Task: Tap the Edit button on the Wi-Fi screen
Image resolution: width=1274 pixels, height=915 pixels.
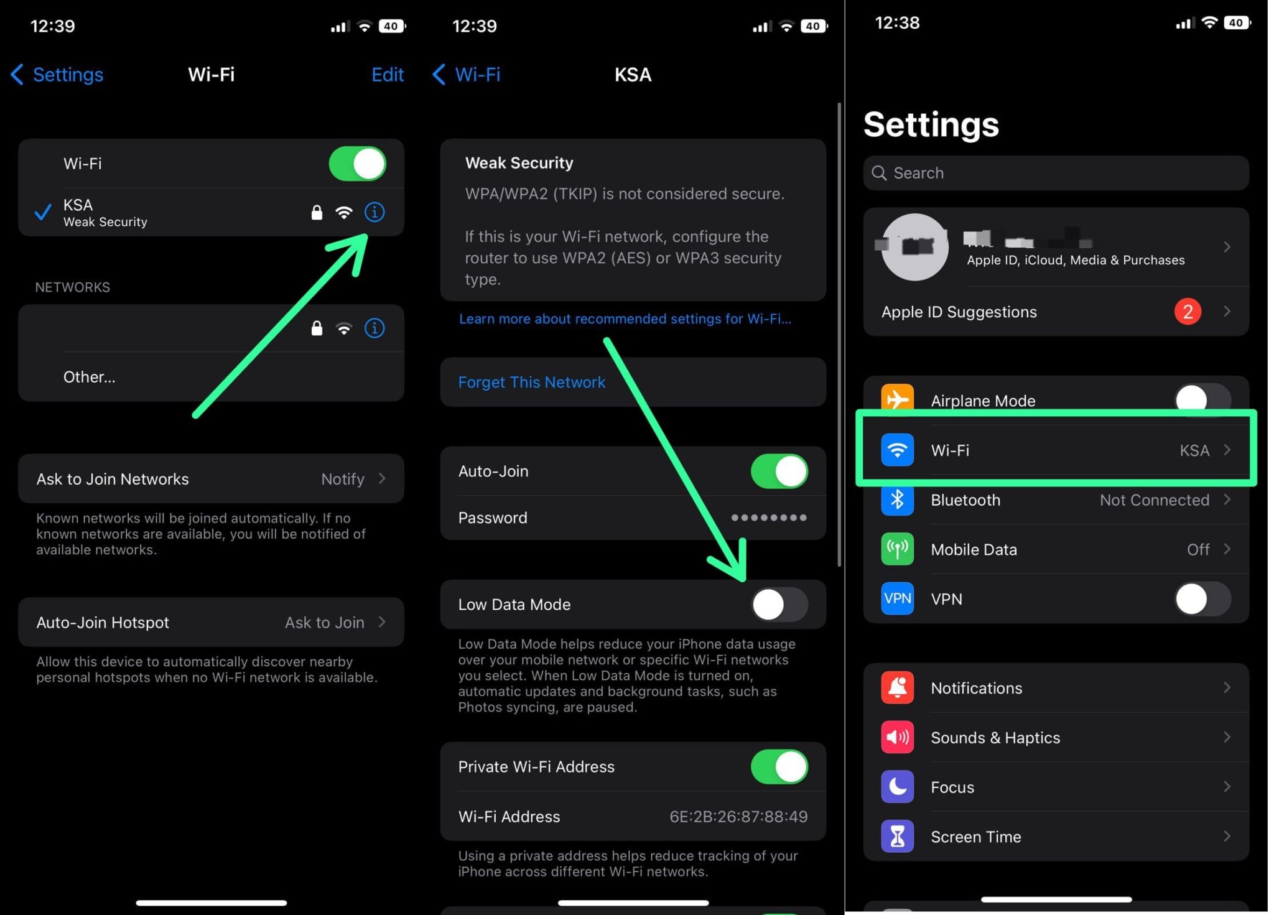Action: click(x=387, y=75)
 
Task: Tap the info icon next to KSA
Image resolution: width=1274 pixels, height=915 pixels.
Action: click(x=374, y=213)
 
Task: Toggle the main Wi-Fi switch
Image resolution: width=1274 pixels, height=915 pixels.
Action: click(x=357, y=164)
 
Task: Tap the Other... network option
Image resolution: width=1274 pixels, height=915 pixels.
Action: click(x=89, y=377)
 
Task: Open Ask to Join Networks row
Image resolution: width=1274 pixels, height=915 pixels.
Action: click(x=211, y=479)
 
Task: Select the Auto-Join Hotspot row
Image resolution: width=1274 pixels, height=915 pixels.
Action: click(x=211, y=623)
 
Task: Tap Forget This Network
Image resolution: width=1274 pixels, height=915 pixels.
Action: click(x=531, y=382)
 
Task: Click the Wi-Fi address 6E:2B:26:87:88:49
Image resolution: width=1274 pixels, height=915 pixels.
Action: click(x=738, y=817)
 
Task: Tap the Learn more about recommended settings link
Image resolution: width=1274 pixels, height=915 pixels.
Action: click(x=625, y=319)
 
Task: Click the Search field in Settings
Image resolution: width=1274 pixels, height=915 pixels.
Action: click(x=1055, y=173)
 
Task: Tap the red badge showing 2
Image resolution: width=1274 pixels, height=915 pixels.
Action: click(x=1186, y=312)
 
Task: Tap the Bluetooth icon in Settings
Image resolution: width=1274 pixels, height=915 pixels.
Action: click(x=896, y=500)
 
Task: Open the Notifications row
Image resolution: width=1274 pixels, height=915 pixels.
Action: click(x=1055, y=688)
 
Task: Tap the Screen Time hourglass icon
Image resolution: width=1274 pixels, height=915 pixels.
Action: click(x=896, y=837)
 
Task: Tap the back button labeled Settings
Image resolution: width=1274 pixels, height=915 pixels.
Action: click(x=57, y=75)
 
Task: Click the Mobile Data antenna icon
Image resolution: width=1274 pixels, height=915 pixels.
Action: click(x=896, y=549)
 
